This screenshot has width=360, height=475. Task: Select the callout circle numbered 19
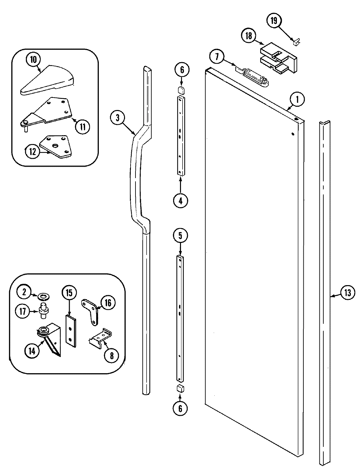tap(274, 21)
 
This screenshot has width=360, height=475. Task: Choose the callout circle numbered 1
tap(297, 100)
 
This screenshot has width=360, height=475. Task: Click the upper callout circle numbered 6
tap(182, 69)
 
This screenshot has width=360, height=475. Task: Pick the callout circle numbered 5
tap(182, 235)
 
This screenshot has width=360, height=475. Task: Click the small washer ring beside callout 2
tap(42, 297)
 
